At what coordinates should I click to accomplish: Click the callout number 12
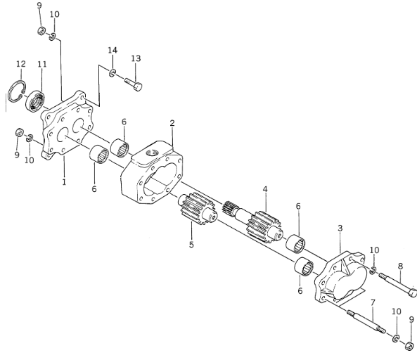click(x=21, y=64)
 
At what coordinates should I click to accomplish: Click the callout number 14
click(x=113, y=50)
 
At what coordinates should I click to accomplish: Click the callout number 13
click(x=136, y=58)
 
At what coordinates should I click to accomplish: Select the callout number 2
click(x=172, y=123)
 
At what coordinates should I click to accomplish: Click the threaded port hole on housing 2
click(x=153, y=153)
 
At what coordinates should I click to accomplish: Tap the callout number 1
click(x=64, y=182)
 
